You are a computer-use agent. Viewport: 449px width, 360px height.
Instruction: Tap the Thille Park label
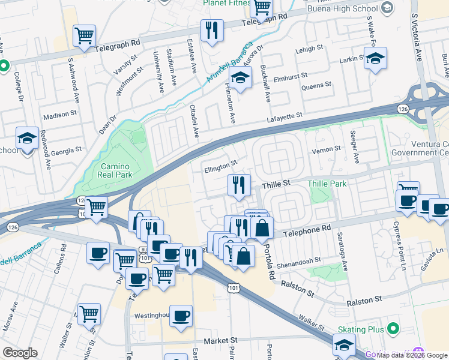pyautogui.click(x=327, y=184)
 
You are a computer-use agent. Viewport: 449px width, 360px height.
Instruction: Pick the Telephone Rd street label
pyautogui.click(x=307, y=230)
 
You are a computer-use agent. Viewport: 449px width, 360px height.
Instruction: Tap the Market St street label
pyautogui.click(x=220, y=340)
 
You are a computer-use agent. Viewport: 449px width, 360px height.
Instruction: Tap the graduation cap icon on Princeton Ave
pyautogui.click(x=240, y=78)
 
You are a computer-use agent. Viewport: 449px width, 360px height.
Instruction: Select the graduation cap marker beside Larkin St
pyautogui.click(x=375, y=58)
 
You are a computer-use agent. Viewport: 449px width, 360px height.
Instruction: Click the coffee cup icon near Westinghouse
pyautogui.click(x=181, y=316)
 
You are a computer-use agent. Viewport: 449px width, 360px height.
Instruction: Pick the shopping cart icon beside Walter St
pyautogui.click(x=89, y=313)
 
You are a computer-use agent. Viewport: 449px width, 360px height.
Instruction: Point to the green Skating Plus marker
pyautogui.click(x=393, y=329)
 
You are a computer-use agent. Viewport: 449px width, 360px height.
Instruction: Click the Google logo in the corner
pyautogui.click(x=20, y=353)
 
